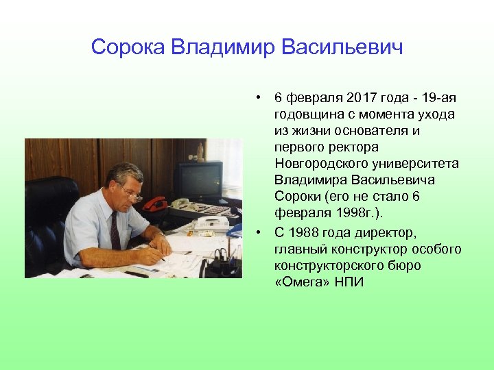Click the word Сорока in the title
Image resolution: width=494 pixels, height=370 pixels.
[128, 47]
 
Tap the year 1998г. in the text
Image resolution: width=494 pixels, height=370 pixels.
[338, 213]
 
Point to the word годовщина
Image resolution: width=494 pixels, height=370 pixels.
[306, 114]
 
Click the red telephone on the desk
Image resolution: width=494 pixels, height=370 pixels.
[155, 203]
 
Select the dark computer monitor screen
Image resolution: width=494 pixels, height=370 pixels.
[198, 180]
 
